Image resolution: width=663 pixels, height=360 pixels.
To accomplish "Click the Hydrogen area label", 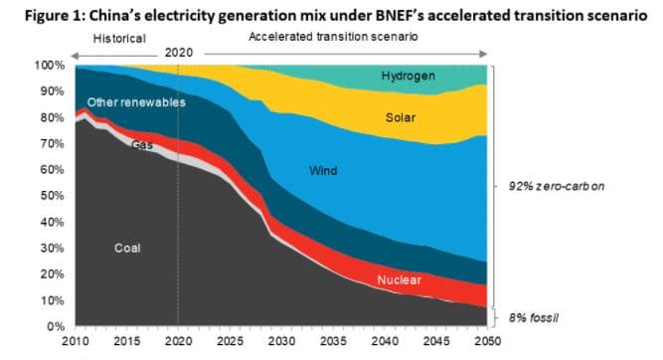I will tap(408, 76).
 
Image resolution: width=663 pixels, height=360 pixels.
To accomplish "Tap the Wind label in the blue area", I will tap(324, 172).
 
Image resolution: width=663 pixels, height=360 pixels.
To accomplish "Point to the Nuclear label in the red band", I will tap(399, 280).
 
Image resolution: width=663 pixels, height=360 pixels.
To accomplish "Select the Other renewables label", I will tap(136, 102).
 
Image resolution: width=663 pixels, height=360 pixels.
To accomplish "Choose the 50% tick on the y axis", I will tap(52, 196).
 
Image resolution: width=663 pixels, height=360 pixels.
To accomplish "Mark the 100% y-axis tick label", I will tap(49, 66).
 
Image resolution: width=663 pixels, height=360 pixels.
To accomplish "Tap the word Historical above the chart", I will tap(119, 38).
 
